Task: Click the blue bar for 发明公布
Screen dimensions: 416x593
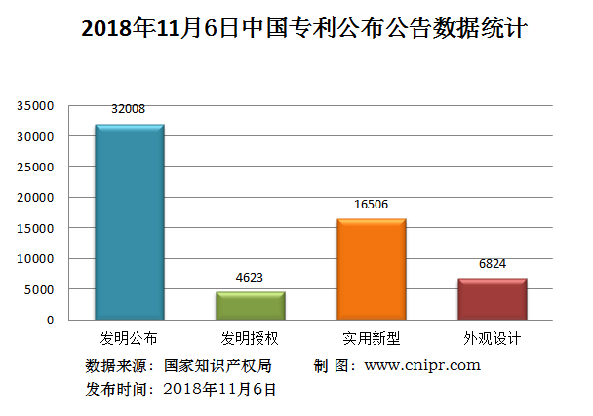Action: (129, 222)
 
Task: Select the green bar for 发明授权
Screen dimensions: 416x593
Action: (250, 306)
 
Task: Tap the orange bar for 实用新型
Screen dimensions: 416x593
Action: (371, 270)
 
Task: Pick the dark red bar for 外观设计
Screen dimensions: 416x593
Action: (492, 299)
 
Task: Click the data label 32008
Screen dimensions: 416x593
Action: (128, 109)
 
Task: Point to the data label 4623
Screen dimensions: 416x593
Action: (250, 277)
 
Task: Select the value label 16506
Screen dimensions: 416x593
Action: (371, 205)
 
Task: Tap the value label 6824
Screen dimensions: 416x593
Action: (492, 263)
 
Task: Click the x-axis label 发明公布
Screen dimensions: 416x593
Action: (129, 339)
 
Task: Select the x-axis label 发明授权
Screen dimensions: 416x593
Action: (250, 339)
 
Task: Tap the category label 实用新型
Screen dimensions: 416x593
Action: (371, 339)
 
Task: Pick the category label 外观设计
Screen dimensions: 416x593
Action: (492, 339)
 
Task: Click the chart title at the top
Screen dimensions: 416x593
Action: (303, 28)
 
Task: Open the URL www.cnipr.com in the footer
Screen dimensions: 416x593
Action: (422, 366)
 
